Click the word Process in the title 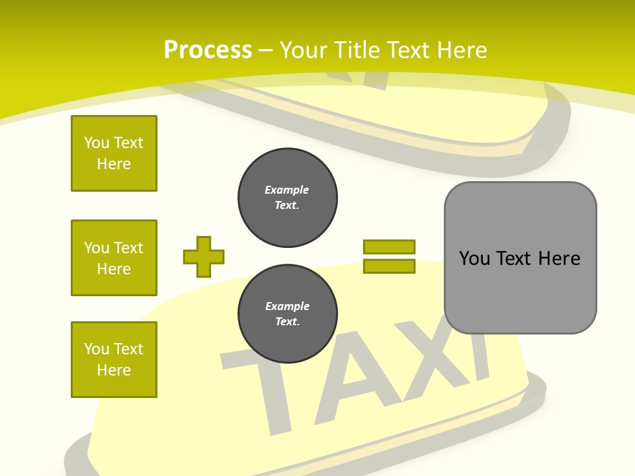tap(208, 50)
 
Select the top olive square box tap(114, 153)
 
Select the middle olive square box tap(114, 258)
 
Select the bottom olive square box tap(114, 360)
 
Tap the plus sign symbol tap(204, 257)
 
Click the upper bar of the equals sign tap(389, 247)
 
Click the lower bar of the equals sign tap(389, 266)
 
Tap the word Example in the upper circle tap(287, 190)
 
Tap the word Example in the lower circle tap(287, 306)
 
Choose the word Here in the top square tap(114, 164)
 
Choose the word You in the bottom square tap(95, 349)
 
